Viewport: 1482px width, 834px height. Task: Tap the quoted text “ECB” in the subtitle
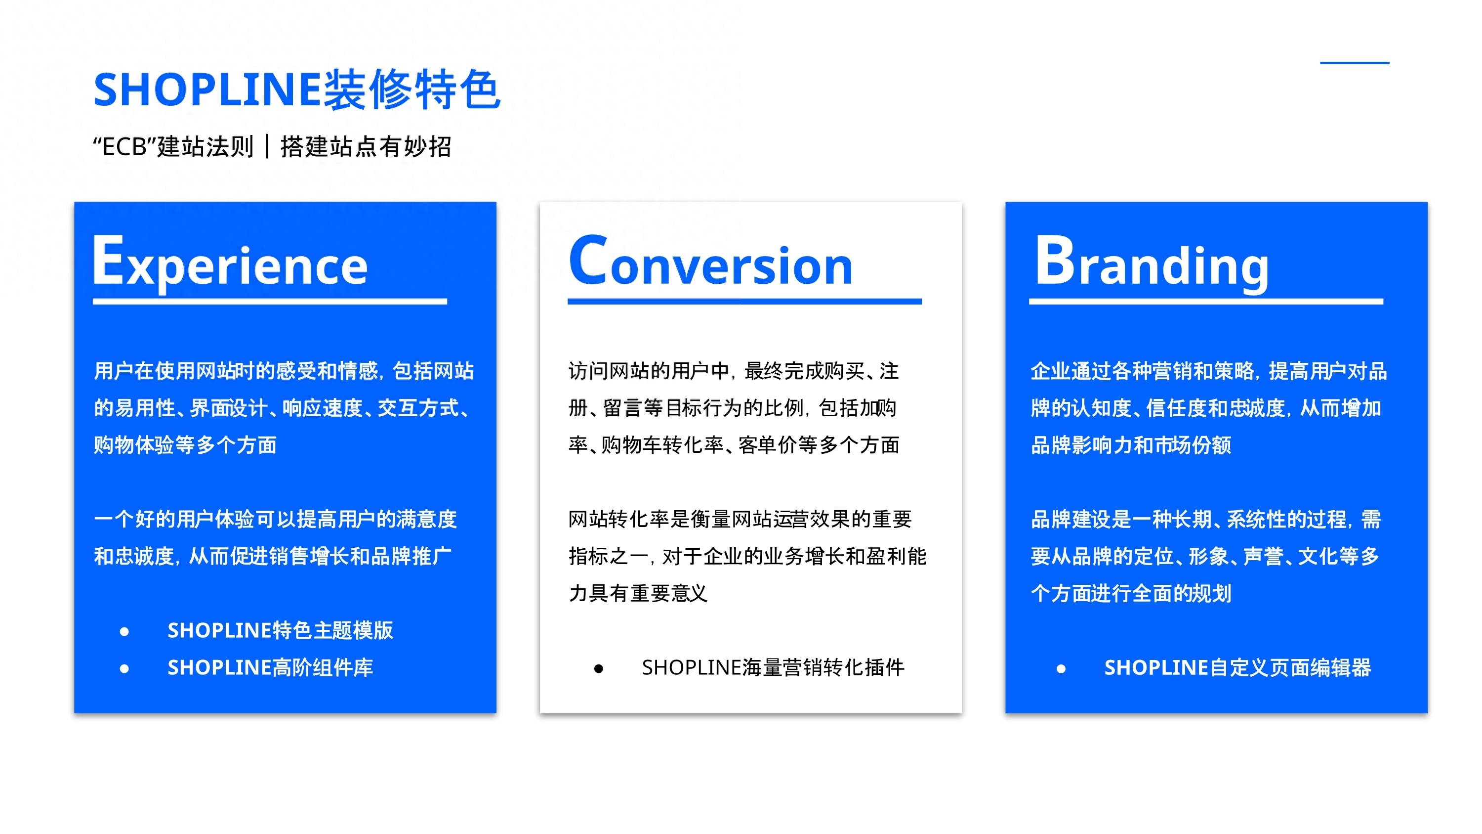[125, 147]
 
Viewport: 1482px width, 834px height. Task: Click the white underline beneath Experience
[270, 301]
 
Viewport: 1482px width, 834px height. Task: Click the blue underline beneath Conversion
[744, 301]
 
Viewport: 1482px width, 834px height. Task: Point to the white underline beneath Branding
[1206, 301]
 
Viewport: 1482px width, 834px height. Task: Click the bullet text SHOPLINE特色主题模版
[280, 630]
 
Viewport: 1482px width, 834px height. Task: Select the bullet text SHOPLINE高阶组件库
[270, 668]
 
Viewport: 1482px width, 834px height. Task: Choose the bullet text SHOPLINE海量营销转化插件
[773, 668]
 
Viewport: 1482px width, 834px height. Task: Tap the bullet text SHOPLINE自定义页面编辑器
[1237, 668]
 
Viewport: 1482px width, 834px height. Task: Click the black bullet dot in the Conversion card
[599, 669]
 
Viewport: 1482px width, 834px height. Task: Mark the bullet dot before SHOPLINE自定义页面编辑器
[1062, 669]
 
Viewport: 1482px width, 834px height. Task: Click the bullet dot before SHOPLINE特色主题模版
[124, 632]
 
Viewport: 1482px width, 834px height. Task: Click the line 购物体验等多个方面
[185, 445]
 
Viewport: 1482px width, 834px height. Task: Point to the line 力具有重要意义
[638, 593]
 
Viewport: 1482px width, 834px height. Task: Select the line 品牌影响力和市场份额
[1131, 445]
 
